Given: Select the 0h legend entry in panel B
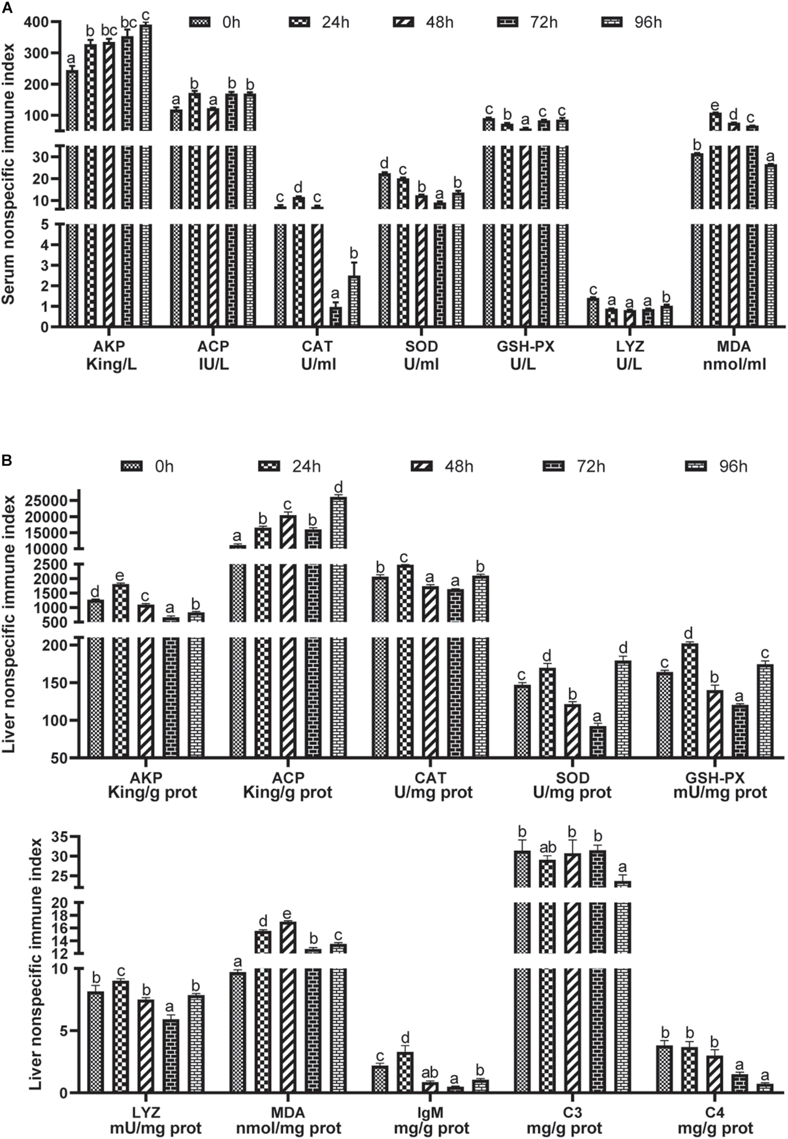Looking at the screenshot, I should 131,466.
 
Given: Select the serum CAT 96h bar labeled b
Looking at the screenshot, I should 353,301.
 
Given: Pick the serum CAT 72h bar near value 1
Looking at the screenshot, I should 335,316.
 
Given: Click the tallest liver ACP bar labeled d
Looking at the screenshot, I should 338,523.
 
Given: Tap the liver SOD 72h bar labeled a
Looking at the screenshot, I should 597,741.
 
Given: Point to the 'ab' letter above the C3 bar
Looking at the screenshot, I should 548,847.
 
